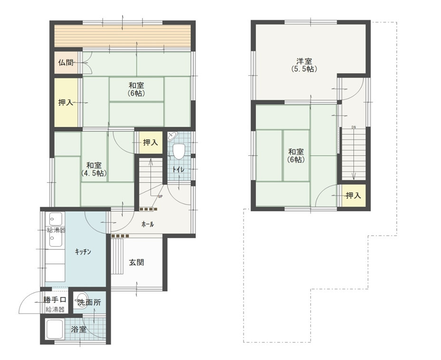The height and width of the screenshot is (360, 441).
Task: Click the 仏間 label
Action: coord(66,62)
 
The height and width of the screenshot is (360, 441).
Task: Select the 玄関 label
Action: coord(137,263)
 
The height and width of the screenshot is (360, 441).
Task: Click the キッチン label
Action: coord(83,252)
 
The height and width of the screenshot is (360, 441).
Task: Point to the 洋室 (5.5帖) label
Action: coord(304,65)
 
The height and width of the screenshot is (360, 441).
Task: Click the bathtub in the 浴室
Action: coord(55,329)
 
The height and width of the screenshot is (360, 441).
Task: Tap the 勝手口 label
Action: coord(55,300)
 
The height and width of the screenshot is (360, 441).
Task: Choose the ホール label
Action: coord(148,224)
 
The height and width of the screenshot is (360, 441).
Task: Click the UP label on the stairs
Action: coord(160,197)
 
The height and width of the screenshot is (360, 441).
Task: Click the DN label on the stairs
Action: coord(354,127)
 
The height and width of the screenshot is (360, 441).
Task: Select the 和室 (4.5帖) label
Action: coord(94,169)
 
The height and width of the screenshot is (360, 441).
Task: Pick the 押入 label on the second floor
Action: coord(353,195)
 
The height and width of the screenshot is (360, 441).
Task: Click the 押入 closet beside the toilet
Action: coord(151,142)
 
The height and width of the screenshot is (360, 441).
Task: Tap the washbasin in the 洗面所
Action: coord(81,303)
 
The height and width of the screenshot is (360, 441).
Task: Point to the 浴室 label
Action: coord(78,329)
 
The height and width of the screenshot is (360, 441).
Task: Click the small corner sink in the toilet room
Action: coord(172,136)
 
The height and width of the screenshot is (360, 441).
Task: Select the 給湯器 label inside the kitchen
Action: coord(56,230)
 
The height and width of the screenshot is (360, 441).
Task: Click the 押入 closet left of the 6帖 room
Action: coord(66,103)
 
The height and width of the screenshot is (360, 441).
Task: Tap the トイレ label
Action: coord(178,170)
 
